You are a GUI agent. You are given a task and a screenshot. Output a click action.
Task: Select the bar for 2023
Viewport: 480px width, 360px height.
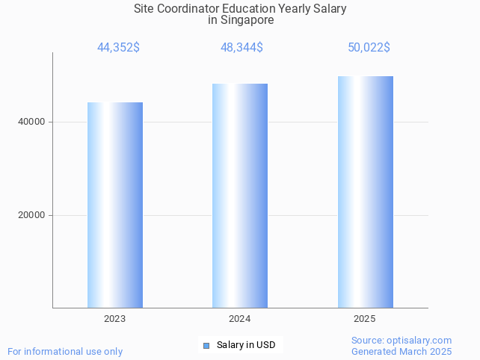tap(115, 205)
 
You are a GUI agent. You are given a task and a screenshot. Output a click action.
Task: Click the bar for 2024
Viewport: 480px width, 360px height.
tap(240, 196)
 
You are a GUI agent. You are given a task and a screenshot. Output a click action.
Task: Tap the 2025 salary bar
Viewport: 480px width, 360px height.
tap(365, 192)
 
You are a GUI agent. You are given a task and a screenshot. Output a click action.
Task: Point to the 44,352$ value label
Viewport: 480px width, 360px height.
tap(118, 48)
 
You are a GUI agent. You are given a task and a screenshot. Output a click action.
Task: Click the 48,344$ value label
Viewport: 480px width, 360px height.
tap(241, 48)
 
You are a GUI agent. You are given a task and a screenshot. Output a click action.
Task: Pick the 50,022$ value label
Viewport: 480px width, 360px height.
tap(369, 48)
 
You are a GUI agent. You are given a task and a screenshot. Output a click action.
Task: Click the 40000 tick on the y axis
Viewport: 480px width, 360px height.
tap(31, 122)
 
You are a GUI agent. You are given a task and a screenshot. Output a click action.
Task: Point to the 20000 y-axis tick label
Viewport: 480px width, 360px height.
tap(31, 215)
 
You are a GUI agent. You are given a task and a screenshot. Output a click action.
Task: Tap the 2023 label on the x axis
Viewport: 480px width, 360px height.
tap(114, 319)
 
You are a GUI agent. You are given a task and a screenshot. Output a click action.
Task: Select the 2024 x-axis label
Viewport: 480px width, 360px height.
tap(239, 319)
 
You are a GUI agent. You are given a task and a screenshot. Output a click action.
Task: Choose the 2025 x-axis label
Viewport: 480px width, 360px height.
tap(365, 319)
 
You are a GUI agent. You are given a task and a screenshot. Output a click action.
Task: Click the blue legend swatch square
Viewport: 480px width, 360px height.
tap(206, 345)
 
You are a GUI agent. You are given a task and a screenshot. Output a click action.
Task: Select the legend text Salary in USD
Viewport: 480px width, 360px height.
tap(246, 345)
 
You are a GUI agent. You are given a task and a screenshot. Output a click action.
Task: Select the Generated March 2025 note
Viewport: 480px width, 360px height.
tap(401, 352)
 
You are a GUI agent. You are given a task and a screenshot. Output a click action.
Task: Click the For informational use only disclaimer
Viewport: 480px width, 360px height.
tap(65, 352)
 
